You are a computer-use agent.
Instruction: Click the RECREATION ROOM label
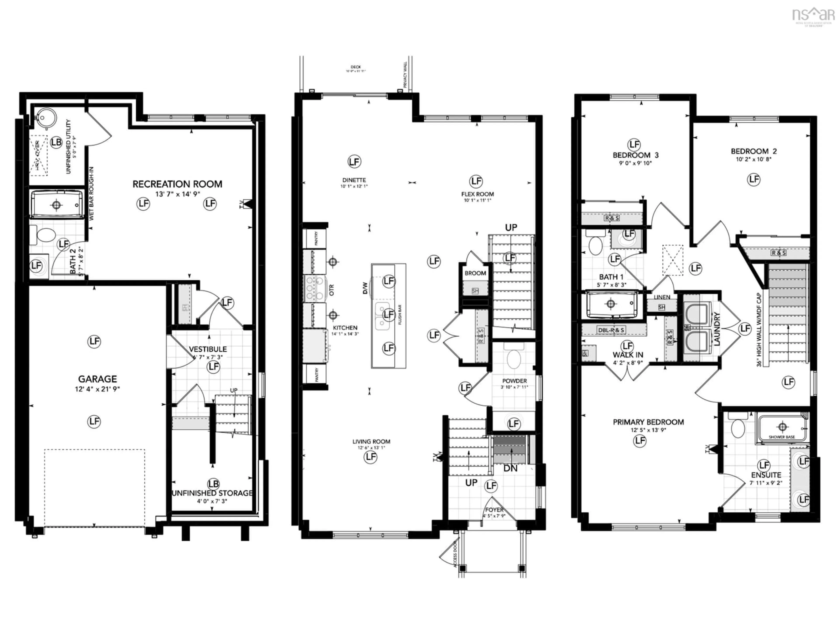pyautogui.click(x=177, y=184)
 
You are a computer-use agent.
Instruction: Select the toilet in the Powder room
pyautogui.click(x=514, y=358)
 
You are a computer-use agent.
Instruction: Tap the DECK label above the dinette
pyautogui.click(x=355, y=67)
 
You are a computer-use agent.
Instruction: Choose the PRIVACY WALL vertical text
pyautogui.click(x=405, y=75)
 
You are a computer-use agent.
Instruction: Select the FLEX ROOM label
pyautogui.click(x=478, y=194)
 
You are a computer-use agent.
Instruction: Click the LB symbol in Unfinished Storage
pyautogui.click(x=213, y=484)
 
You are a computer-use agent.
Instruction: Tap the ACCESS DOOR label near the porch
pyautogui.click(x=455, y=554)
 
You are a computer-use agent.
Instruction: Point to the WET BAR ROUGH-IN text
pyautogui.click(x=91, y=193)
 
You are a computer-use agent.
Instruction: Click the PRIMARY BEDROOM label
pyautogui.click(x=648, y=422)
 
